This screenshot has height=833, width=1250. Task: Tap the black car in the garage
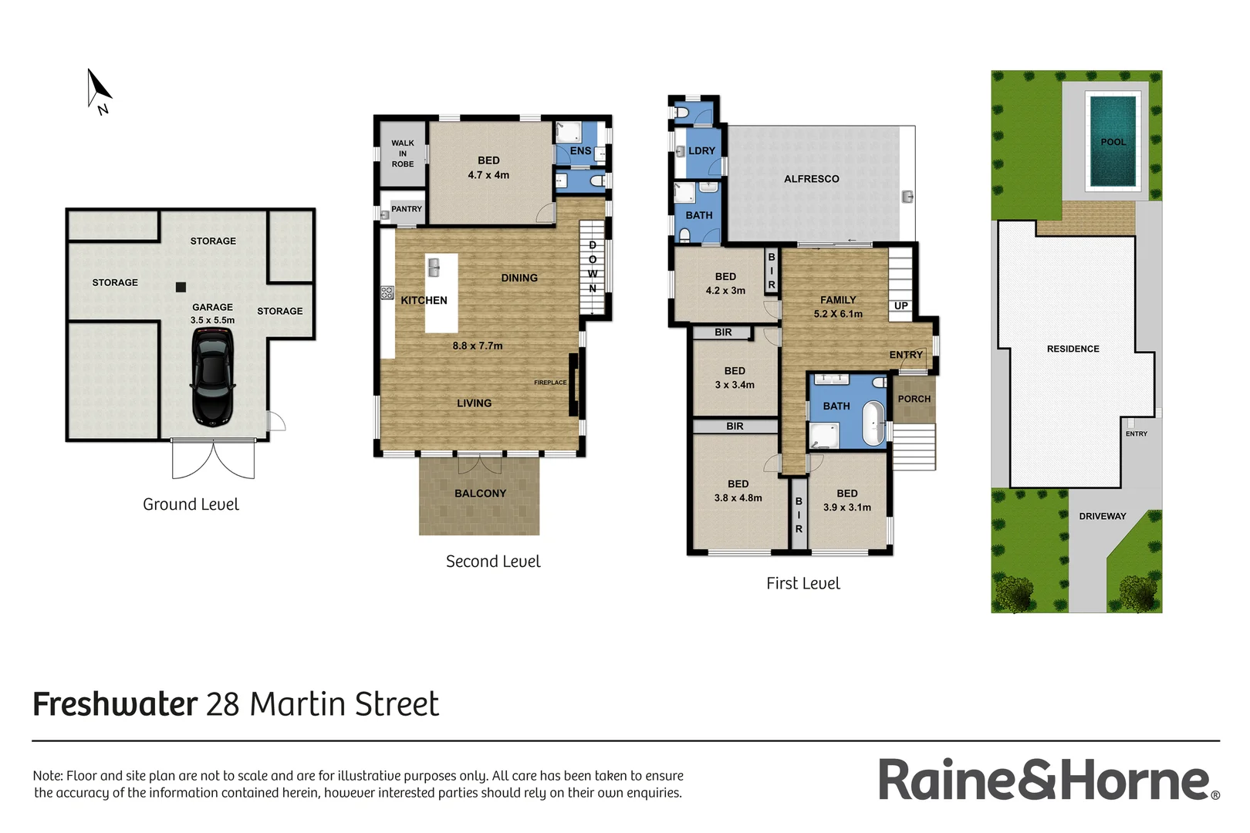click(x=212, y=376)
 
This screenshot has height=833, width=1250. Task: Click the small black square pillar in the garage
click(x=181, y=287)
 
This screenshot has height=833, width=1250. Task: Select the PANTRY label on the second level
click(x=407, y=209)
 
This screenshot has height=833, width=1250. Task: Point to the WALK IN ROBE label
click(x=403, y=153)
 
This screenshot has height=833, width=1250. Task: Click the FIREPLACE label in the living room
click(x=550, y=383)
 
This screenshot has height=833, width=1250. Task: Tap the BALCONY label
click(x=480, y=494)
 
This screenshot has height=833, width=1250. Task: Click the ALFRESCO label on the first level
click(x=812, y=179)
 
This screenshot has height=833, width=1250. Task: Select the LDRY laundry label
click(x=701, y=151)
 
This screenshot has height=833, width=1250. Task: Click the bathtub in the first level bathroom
click(x=873, y=423)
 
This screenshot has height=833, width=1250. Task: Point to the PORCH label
click(x=914, y=399)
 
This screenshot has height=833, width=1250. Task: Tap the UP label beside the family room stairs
click(x=901, y=306)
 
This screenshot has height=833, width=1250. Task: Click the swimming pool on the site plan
click(x=1113, y=141)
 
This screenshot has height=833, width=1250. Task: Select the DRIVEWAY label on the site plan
click(x=1103, y=517)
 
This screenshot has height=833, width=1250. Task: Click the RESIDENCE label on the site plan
click(x=1073, y=349)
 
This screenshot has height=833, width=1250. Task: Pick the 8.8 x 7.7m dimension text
click(x=478, y=346)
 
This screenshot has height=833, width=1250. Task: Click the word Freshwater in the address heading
click(x=116, y=705)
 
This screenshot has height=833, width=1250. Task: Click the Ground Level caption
click(x=191, y=504)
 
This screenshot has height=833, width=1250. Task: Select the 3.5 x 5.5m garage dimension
click(x=213, y=320)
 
